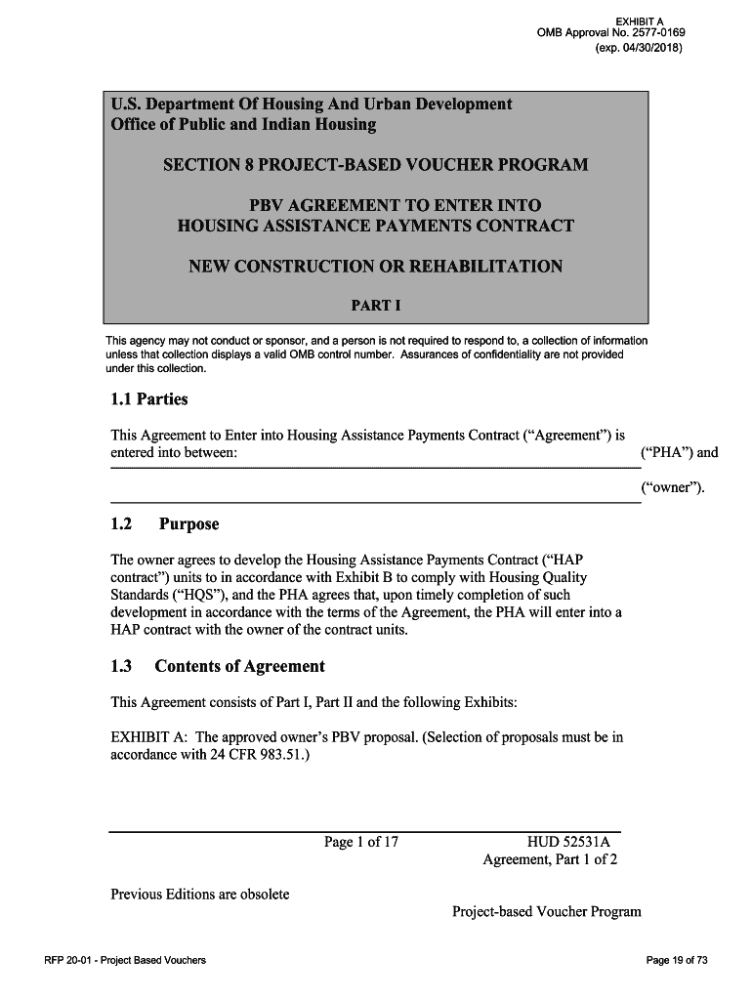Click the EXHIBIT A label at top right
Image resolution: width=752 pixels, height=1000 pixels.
tap(639, 21)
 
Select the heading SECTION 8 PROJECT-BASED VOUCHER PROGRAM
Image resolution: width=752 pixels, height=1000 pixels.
tap(375, 164)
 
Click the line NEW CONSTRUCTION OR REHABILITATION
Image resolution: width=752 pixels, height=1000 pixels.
tap(375, 267)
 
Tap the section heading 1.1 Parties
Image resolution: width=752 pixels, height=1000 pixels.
tap(148, 399)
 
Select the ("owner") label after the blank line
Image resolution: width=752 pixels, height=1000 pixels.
tap(672, 487)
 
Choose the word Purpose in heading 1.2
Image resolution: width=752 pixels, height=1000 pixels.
tap(188, 524)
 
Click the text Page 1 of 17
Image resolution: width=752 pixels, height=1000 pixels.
tap(361, 842)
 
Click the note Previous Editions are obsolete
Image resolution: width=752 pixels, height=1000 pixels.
tap(199, 894)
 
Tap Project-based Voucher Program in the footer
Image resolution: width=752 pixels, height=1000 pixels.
tap(547, 911)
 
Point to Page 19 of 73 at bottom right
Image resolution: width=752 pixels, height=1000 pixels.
tap(677, 961)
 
